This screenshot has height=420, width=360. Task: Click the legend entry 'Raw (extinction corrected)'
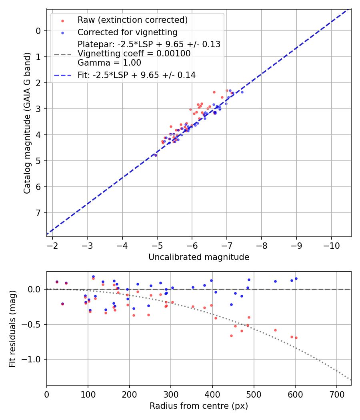click(132, 20)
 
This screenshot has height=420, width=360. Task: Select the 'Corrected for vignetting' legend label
click(128, 32)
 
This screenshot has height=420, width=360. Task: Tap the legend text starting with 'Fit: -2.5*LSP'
click(136, 75)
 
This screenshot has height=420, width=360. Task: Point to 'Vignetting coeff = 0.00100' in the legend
click(134, 53)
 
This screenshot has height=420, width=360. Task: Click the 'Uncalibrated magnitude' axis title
click(199, 257)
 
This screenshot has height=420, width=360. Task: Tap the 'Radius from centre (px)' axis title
click(199, 406)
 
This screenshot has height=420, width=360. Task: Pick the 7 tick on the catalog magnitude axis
click(38, 213)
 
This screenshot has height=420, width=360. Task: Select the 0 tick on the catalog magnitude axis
click(38, 31)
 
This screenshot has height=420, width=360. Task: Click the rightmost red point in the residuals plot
click(296, 338)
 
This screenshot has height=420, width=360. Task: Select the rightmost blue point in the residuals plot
click(296, 278)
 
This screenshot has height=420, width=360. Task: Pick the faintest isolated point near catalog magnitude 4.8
click(156, 155)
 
